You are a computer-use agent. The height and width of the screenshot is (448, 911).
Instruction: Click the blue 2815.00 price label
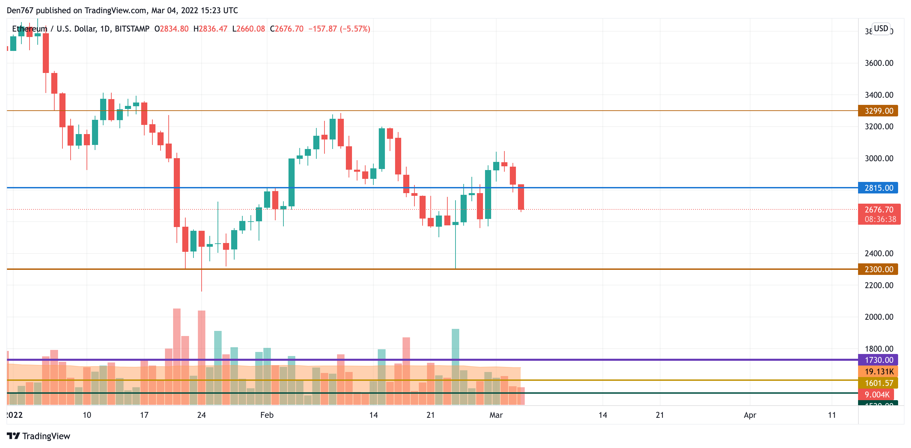pos(878,188)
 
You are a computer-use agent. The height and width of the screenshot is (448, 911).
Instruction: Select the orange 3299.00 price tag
pos(878,111)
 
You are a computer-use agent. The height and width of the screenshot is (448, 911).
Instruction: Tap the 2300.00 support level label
pos(878,269)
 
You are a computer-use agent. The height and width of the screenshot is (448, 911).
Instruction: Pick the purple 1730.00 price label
pos(878,360)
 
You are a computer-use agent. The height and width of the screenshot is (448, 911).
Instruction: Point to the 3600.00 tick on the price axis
pos(879,63)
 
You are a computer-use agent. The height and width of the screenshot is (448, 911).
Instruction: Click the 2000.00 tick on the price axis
pos(879,317)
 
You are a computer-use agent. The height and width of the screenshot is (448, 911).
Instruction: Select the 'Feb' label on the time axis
pos(267,415)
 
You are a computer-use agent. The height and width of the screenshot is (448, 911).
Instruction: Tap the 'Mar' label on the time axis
pos(496,415)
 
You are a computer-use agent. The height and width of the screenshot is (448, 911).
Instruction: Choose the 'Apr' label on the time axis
pos(750,415)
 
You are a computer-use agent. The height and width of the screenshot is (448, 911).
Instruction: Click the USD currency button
pos(880,28)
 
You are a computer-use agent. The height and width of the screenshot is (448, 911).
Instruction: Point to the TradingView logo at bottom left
pos(38,436)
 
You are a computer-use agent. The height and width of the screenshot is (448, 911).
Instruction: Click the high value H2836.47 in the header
pos(210,29)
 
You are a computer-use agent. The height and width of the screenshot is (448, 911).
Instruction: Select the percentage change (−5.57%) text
pos(355,29)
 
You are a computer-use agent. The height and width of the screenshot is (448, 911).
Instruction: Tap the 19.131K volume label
pos(879,371)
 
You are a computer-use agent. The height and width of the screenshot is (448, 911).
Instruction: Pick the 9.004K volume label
pos(877,394)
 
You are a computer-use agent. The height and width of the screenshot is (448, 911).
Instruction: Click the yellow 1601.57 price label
pos(879,383)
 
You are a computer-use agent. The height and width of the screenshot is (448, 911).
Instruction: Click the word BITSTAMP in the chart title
pos(132,29)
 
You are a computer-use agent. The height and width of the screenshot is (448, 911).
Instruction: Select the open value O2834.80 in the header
pos(171,29)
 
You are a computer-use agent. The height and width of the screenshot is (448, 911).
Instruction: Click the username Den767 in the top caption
pos(20,10)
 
